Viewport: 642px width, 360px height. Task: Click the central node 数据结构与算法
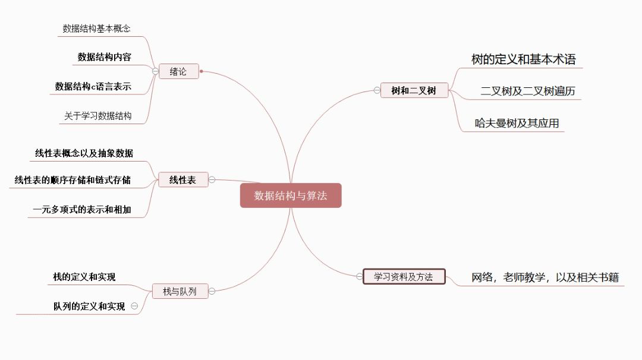tap(291, 195)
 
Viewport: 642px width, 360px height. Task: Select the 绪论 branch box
tap(178, 71)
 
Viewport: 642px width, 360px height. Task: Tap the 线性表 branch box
tap(182, 180)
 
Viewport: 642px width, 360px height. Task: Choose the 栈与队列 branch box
tap(179, 291)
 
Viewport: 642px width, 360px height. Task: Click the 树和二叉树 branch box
tap(414, 90)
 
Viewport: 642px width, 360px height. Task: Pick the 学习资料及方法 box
tap(404, 277)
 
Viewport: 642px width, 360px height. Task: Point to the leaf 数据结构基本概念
tap(96, 29)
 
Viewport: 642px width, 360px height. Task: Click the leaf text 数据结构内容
tap(104, 57)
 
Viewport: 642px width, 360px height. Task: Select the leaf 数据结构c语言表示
tap(93, 86)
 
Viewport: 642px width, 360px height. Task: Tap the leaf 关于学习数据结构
tap(97, 116)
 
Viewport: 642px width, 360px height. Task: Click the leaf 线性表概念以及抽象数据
tap(84, 153)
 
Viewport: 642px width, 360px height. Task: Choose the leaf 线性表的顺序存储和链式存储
tap(73, 180)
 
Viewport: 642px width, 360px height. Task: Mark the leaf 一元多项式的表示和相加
tap(82, 209)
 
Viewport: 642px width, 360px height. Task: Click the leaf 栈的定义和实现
tap(84, 277)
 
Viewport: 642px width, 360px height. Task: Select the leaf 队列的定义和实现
tap(89, 307)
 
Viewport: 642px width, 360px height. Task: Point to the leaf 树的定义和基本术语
tap(523, 59)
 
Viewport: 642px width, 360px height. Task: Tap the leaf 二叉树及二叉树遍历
tap(527, 91)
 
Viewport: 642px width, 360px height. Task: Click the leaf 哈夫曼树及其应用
tap(516, 123)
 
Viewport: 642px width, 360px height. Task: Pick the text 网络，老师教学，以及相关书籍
tap(545, 277)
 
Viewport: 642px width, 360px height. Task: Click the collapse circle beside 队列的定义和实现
tap(134, 307)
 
